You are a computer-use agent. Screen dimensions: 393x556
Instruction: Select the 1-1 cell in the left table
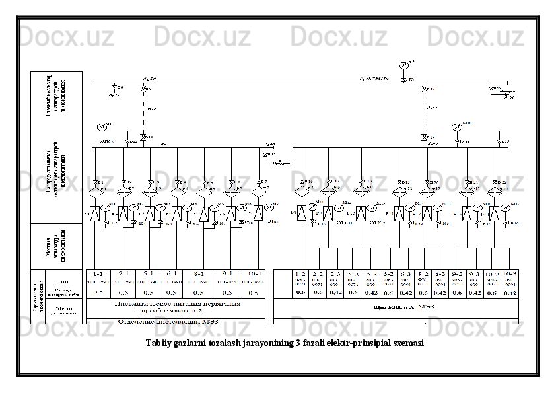[x=97, y=273]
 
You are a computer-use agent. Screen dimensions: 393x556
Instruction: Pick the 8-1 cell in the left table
[x=198, y=273]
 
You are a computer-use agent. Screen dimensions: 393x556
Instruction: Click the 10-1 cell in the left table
[x=252, y=273]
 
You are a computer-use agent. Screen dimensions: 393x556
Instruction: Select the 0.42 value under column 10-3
[x=510, y=291]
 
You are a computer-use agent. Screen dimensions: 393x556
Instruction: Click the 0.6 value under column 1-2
[x=300, y=291]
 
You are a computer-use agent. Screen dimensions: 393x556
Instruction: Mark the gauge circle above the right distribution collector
[x=456, y=127]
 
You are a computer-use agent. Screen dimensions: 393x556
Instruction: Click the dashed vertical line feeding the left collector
[x=143, y=109]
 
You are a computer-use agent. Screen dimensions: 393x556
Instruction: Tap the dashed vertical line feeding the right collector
[x=424, y=109]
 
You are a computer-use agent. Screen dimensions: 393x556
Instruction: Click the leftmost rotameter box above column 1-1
[x=96, y=213]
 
